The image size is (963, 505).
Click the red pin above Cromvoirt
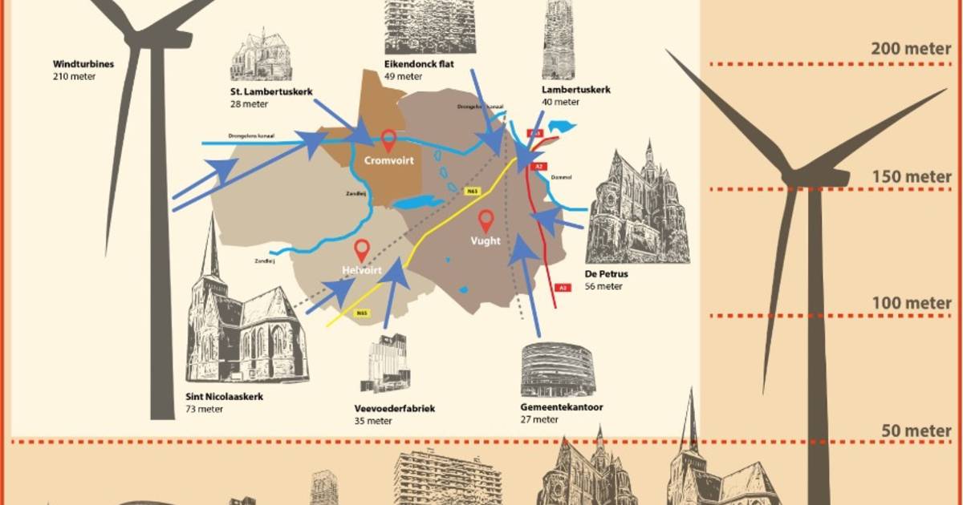(389, 139)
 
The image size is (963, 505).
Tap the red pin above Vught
(486, 220)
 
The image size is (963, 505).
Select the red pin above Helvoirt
(362, 249)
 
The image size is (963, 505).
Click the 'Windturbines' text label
(83, 64)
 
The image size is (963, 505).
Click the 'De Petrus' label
(607, 274)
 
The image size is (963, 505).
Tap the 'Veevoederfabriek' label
(394, 408)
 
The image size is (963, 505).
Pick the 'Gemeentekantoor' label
(562, 407)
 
